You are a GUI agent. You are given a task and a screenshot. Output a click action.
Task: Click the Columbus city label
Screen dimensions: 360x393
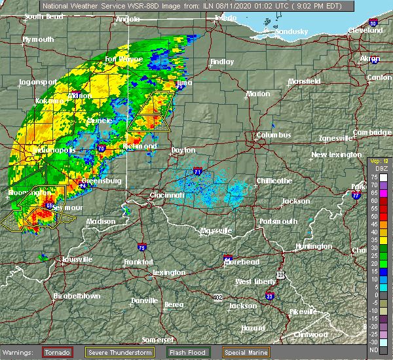point(274,135)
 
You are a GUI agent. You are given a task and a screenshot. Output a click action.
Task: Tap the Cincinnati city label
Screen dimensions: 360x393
point(167,195)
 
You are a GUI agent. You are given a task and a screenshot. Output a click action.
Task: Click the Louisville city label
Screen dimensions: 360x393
point(60,259)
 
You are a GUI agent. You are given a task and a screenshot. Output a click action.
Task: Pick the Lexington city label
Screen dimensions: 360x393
point(169,272)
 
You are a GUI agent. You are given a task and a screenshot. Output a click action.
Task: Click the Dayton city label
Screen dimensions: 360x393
point(183,151)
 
